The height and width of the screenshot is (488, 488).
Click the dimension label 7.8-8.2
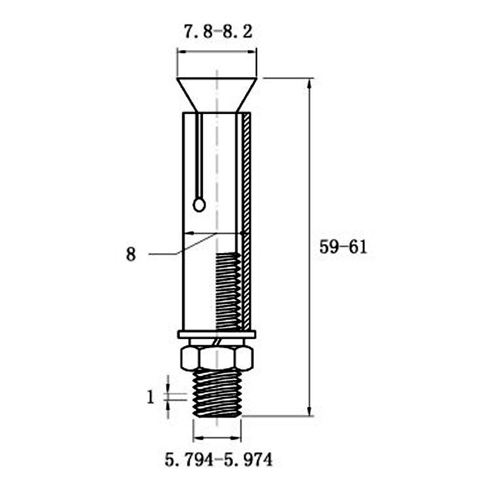218,32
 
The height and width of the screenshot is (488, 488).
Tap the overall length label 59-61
343,248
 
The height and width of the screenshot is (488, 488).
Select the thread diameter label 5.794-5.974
218,460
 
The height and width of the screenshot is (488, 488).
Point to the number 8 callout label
131,254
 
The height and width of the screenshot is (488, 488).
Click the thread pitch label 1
151,397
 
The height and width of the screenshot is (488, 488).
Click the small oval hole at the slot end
199,205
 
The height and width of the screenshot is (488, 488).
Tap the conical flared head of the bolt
217,95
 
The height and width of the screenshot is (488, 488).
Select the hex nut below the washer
217,359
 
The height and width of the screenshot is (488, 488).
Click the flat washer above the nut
217,334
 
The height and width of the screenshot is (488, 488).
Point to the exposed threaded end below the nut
217,393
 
